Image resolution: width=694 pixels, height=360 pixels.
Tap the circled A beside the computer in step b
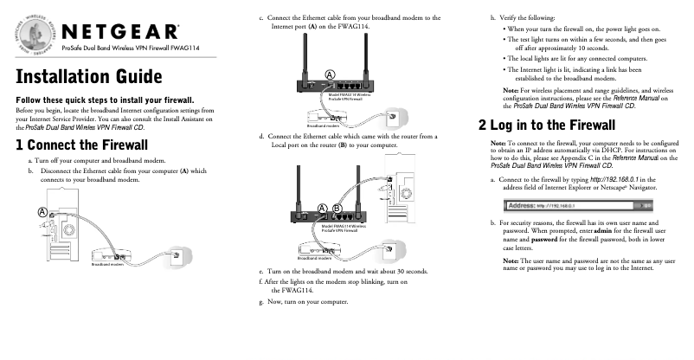(42, 213)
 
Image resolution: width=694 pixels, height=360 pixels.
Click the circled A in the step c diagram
(330, 74)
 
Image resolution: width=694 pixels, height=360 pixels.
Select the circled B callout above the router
(337, 208)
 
